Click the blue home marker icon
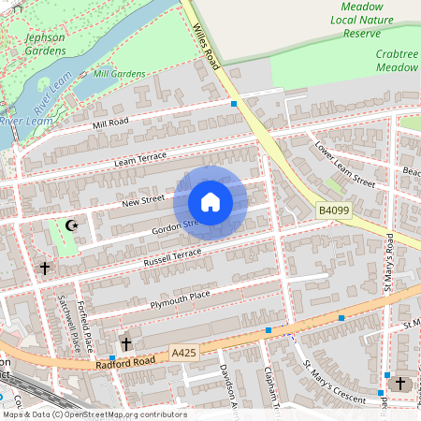pyautogui.click(x=210, y=202)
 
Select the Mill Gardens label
pyautogui.click(x=120, y=73)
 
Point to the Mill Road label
pyautogui.click(x=110, y=123)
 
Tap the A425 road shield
pyautogui.click(x=185, y=352)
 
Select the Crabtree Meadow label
pyautogui.click(x=397, y=61)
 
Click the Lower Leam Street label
pyautogui.click(x=344, y=165)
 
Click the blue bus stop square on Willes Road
pyautogui.click(x=234, y=104)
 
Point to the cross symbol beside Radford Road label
pyautogui.click(x=126, y=344)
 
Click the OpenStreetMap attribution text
pyautogui.click(x=94, y=414)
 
